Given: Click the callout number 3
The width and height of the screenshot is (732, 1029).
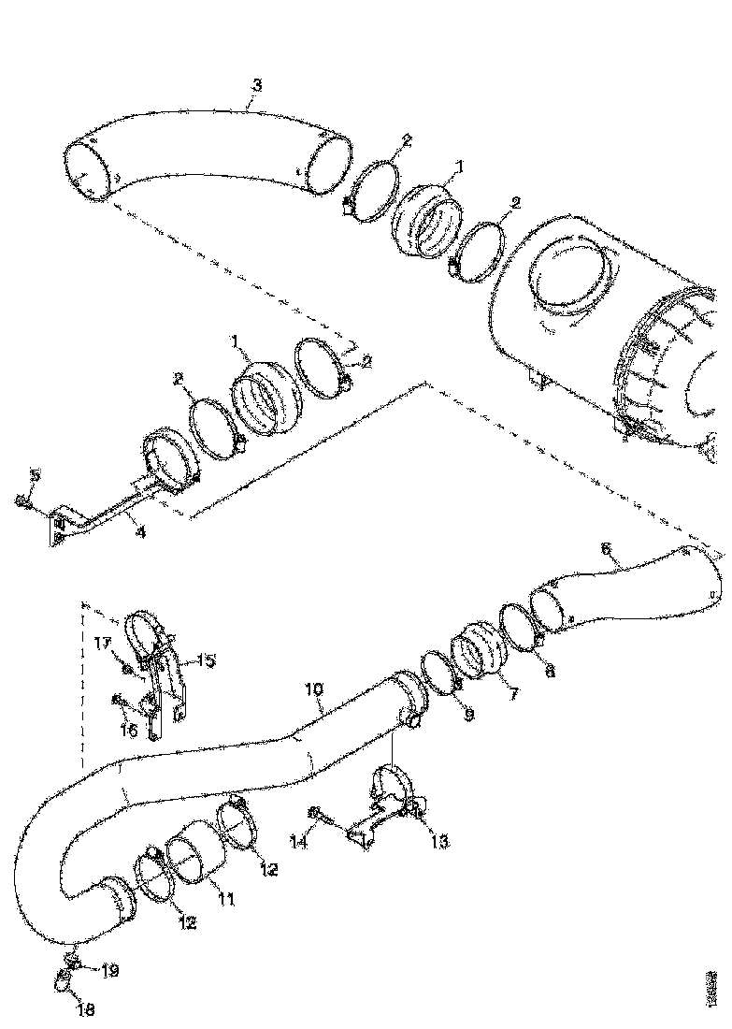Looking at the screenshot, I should (256, 85).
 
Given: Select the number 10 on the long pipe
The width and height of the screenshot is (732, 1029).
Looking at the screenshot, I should (315, 689).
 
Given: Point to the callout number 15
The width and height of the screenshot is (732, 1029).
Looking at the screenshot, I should (205, 660).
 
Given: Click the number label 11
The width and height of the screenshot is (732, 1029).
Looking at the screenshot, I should (225, 899).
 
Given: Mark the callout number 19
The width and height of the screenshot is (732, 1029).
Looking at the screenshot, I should (109, 972).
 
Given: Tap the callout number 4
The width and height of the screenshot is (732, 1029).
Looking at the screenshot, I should (139, 534).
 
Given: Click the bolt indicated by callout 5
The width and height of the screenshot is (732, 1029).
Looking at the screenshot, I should (22, 502).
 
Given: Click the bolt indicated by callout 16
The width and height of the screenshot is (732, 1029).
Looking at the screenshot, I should (119, 698).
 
